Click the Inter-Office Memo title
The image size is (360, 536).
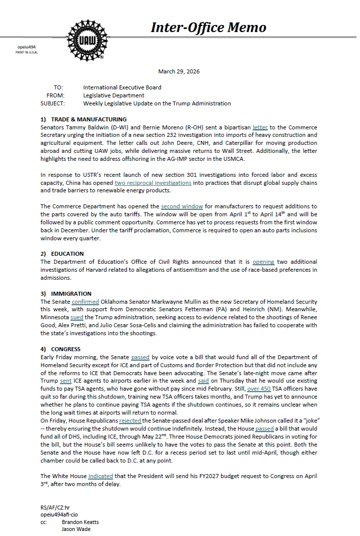point(208,28)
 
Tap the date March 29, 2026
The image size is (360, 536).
point(178,71)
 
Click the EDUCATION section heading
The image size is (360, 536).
point(67,254)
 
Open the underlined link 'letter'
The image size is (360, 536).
point(260,127)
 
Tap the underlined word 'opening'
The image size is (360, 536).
point(263,262)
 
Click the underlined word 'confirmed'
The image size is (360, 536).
point(85,302)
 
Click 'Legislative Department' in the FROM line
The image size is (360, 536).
point(113,95)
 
